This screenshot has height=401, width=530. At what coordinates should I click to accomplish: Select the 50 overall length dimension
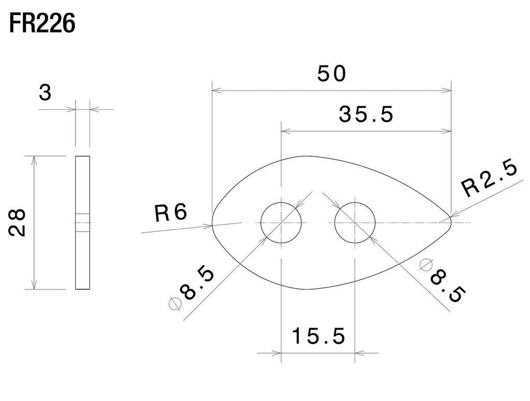tap(331, 75)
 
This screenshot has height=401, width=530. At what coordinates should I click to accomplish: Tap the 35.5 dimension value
tap(366, 114)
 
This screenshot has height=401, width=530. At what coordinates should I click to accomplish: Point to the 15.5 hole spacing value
tap(318, 337)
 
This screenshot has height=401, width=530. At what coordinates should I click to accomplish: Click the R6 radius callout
tap(170, 213)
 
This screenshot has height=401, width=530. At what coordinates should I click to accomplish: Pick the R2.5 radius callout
tap(489, 179)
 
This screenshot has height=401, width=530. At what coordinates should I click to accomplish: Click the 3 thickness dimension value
tap(46, 94)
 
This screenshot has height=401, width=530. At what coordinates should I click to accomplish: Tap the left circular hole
tap(281, 223)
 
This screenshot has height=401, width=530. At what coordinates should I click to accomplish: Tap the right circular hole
tap(355, 223)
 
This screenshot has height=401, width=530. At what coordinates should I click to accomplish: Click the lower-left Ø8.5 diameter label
tap(192, 288)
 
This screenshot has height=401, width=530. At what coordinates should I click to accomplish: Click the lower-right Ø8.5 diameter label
tap(442, 280)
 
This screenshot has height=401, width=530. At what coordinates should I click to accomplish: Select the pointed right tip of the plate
tap(450, 222)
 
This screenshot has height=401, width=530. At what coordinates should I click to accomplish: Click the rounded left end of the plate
tap(214, 223)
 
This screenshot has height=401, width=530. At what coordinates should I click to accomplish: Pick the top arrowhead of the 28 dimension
tap(34, 159)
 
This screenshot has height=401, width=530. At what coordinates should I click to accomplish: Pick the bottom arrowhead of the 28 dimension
tap(34, 285)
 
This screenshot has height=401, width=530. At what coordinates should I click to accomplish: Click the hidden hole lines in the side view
tap(82, 222)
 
